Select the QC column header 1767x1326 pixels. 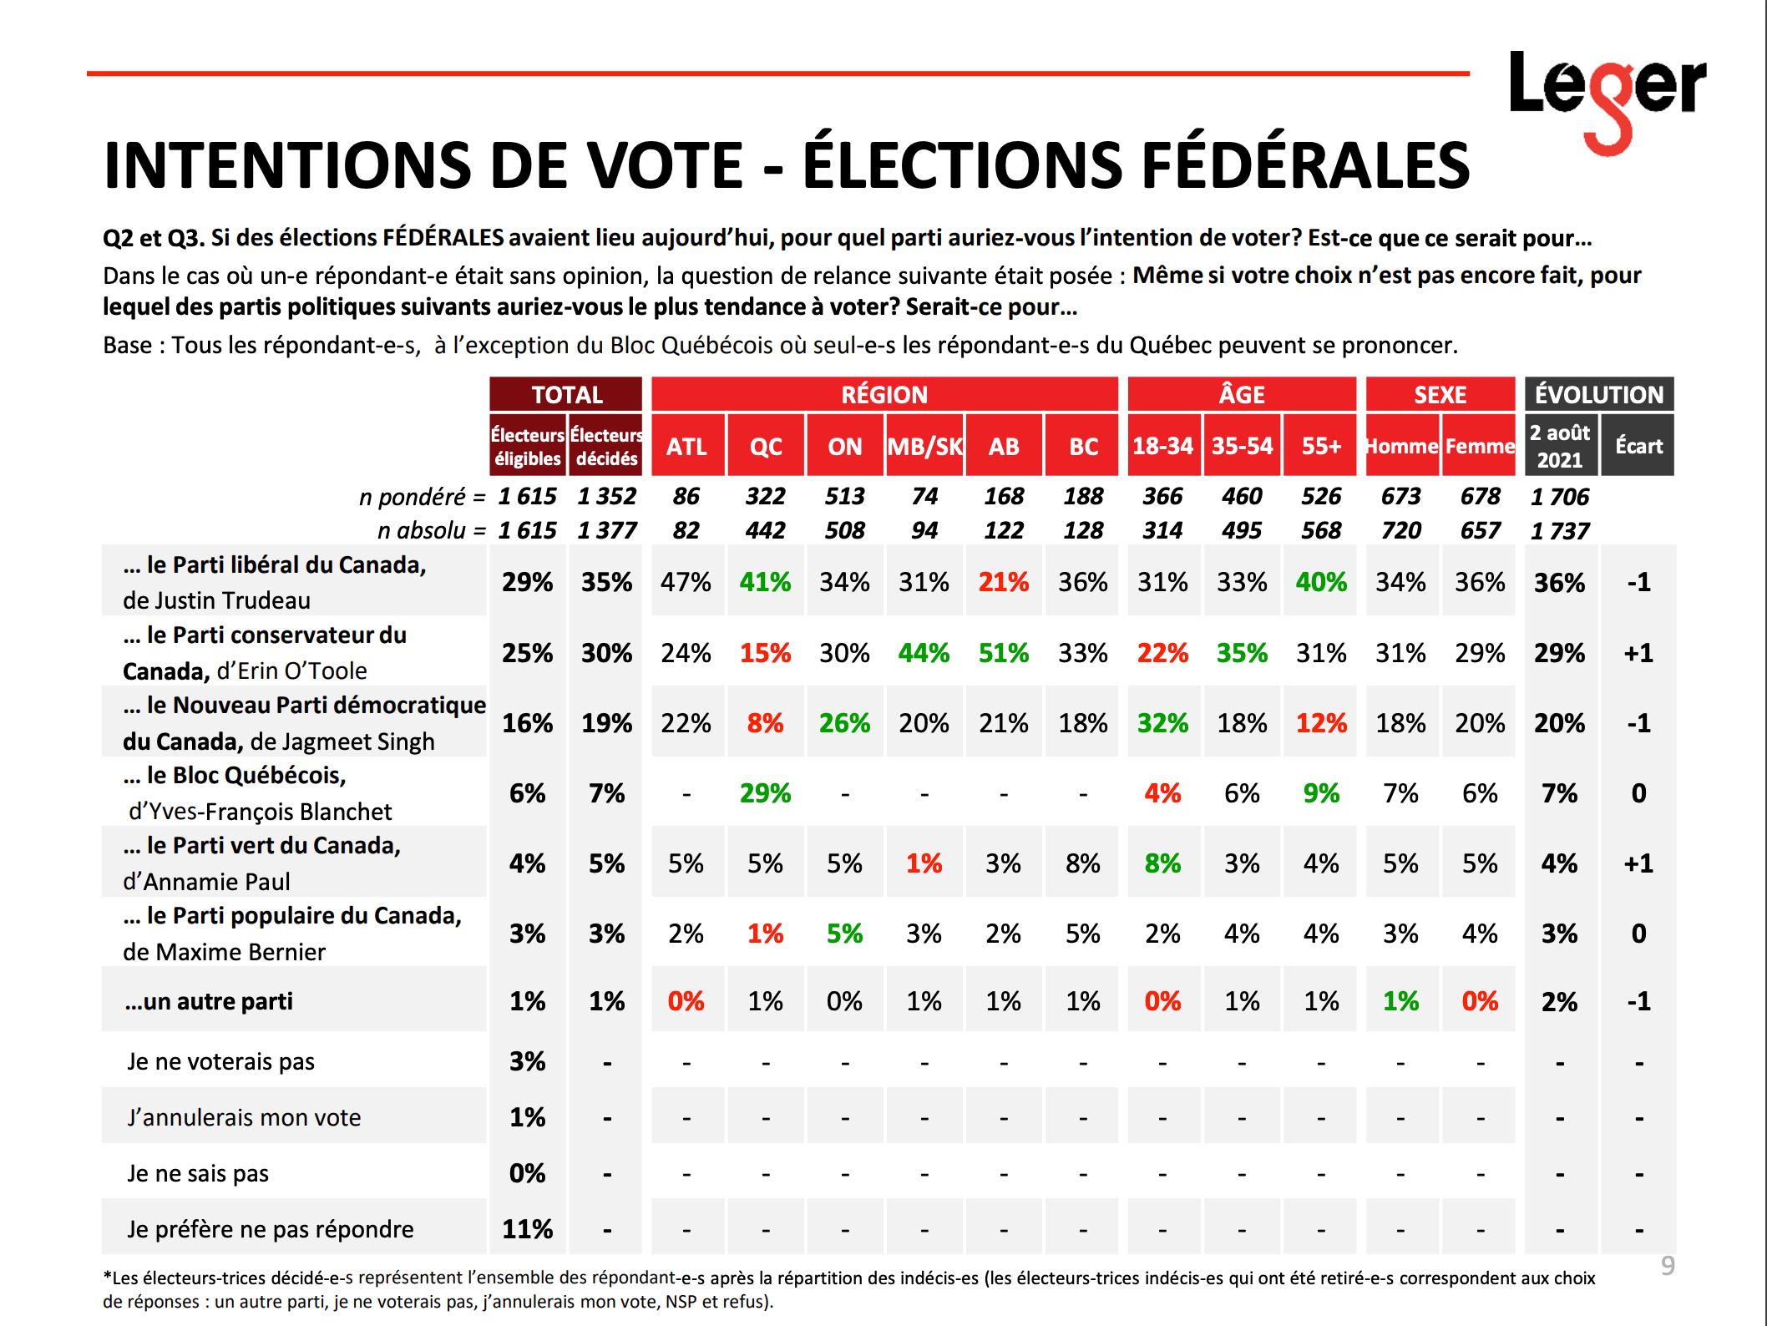tap(765, 446)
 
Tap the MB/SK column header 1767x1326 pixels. tap(924, 446)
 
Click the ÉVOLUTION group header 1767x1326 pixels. tap(1599, 394)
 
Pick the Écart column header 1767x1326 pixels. tap(1638, 446)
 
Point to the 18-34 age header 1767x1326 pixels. tap(1162, 446)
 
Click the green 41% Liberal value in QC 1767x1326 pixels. tap(765, 582)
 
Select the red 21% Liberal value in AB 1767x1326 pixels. tap(1004, 582)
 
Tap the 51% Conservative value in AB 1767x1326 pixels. tap(1004, 653)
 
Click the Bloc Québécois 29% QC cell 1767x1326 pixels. tap(765, 793)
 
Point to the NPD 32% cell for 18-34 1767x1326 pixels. tap(1162, 723)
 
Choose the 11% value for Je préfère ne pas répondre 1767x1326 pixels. tap(527, 1229)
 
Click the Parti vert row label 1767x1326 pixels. tap(262, 863)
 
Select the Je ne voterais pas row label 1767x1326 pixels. tap(220, 1061)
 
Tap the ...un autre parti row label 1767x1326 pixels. tap(209, 1001)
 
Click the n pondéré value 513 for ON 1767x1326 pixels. tap(844, 496)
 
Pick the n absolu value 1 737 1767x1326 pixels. tap(1559, 530)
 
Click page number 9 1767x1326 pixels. tap(1668, 1266)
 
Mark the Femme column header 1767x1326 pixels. tap(1480, 446)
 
